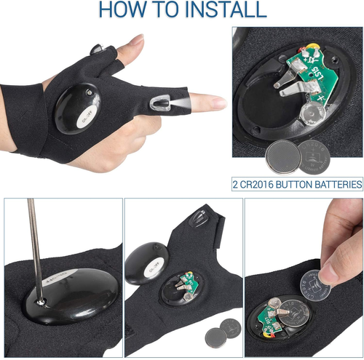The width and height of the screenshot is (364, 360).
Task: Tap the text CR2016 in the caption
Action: coord(259,184)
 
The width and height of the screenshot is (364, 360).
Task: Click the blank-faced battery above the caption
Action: coord(280,155)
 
